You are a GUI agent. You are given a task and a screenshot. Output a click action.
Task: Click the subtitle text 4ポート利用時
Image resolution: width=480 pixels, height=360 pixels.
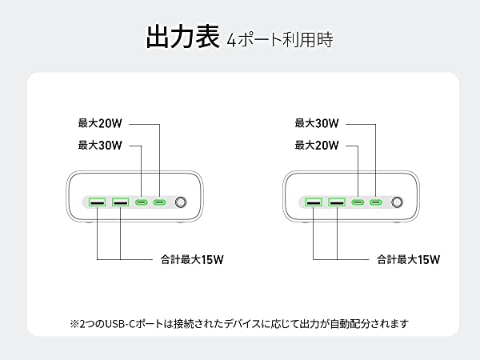pos(280,38)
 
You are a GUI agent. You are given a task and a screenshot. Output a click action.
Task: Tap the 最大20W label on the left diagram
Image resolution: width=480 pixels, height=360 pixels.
pos(99,124)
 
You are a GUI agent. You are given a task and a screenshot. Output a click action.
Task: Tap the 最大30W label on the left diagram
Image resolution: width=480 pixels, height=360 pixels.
pos(99,146)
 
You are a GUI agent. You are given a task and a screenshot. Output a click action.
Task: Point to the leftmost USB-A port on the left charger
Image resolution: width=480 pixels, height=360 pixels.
pos(98,203)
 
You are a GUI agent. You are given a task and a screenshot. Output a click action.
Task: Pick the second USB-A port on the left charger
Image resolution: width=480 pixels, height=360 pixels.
pos(121,203)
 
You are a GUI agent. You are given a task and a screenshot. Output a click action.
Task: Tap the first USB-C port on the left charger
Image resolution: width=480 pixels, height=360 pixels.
pos(142,203)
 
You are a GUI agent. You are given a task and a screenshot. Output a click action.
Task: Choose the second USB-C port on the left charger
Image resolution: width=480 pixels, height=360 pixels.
pos(160,203)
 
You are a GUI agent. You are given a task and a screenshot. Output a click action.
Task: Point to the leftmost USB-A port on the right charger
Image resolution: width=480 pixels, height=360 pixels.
pos(314,203)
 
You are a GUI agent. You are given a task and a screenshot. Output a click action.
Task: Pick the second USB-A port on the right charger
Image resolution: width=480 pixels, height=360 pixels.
pos(337,203)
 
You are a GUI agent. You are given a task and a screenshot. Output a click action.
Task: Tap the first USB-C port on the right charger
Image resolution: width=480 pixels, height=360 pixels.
pos(358,203)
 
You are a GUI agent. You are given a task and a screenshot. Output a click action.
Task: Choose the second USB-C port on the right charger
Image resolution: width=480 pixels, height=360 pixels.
pos(376,203)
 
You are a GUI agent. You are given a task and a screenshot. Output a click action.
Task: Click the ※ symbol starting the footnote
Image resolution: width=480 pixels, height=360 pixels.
pos(75,324)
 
